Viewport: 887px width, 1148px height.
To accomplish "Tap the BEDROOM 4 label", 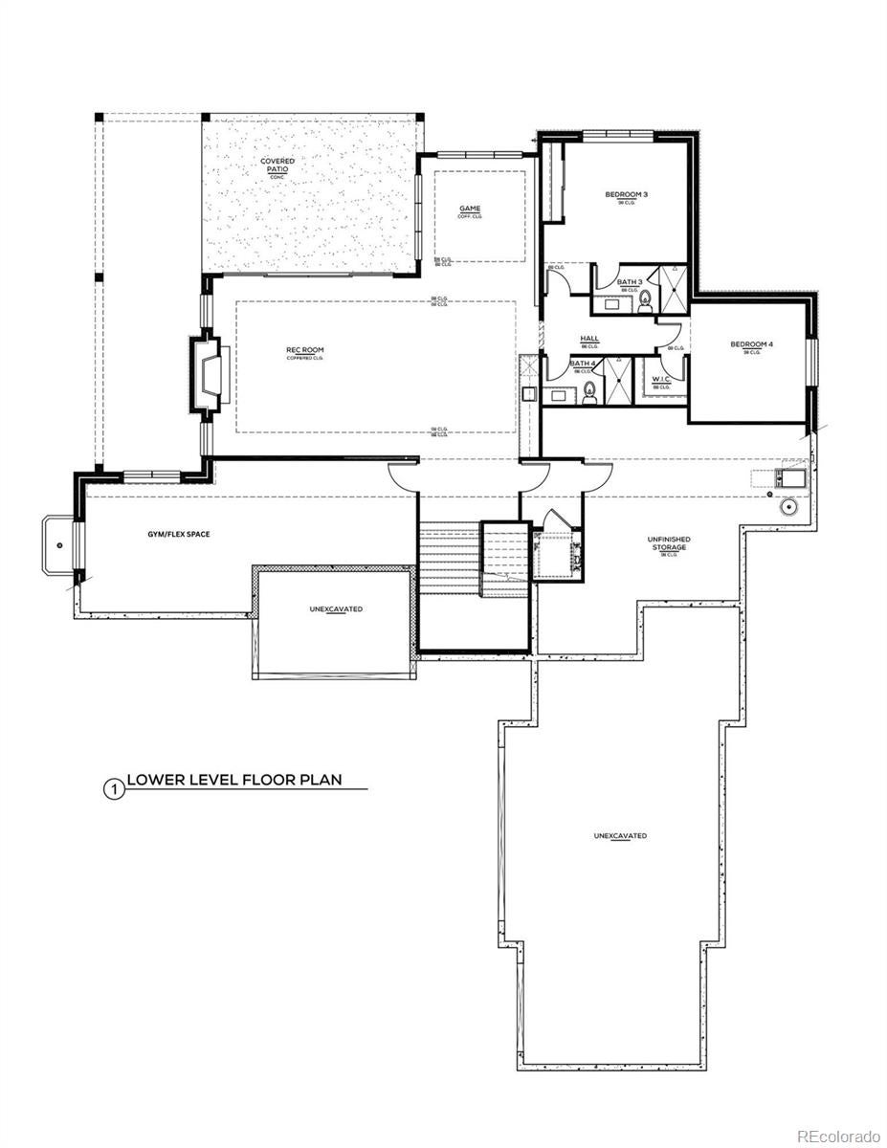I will pyautogui.click(x=751, y=344).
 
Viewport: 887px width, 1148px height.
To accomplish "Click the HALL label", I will pyautogui.click(x=589, y=339).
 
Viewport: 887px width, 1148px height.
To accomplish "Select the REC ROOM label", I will pyautogui.click(x=304, y=350).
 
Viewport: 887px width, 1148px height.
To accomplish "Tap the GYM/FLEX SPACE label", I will pyautogui.click(x=173, y=534).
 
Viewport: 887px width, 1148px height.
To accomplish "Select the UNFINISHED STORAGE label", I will pyautogui.click(x=669, y=543).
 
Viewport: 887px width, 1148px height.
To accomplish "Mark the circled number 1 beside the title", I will pyautogui.click(x=113, y=790).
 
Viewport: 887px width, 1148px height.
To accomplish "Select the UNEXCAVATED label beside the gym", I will pyautogui.click(x=335, y=609).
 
